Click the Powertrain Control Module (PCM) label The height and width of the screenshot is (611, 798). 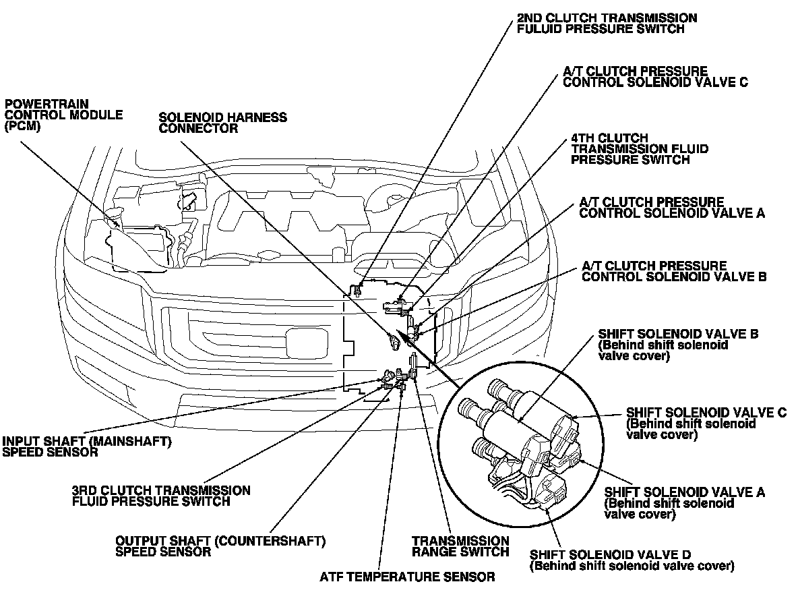tap(63, 115)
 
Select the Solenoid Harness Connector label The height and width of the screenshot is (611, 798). tap(223, 123)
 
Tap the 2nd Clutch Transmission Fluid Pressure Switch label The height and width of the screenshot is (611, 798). tap(607, 24)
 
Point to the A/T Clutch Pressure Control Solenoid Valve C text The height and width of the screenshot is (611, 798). tap(656, 76)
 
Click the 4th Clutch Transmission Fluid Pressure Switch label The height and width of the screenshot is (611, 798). tap(640, 148)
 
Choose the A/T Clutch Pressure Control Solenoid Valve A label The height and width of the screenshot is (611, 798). tap(672, 208)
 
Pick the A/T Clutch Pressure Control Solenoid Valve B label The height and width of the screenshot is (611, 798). tap(674, 271)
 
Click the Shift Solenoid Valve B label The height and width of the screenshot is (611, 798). tap(679, 345)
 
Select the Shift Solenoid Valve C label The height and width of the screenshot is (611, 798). tap(706, 423)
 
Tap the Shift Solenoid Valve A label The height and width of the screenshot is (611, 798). tap(685, 503)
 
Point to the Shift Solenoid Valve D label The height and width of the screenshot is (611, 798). tap(632, 560)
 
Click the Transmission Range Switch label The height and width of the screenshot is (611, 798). tap(460, 546)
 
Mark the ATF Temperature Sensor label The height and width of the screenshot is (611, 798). tap(407, 577)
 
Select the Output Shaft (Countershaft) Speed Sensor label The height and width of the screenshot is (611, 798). tap(220, 546)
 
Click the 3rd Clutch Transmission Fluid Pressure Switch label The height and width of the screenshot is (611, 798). tap(161, 496)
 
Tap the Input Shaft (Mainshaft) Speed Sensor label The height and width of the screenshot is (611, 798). tap(87, 446)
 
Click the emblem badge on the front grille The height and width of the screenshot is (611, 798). tap(306, 341)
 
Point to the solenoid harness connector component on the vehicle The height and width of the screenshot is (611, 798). tap(394, 341)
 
